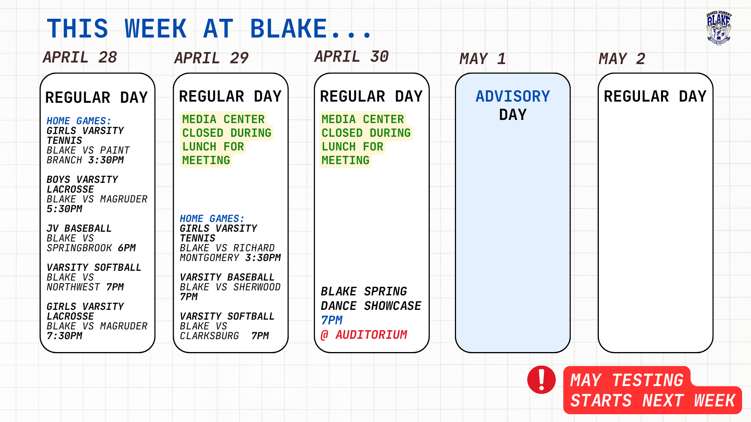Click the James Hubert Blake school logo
tap(719, 28)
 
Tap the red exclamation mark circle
tap(541, 380)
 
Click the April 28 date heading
tap(80, 57)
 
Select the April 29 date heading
tap(211, 58)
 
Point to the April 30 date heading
tap(351, 57)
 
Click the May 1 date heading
tap(482, 59)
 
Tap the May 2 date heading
tap(622, 59)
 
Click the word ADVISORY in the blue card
tap(513, 97)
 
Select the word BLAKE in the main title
tap(289, 29)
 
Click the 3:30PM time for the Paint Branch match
tap(106, 160)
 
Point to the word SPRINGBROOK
tap(79, 248)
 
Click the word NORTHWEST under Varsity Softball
tap(74, 287)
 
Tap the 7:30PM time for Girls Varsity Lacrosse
tap(65, 336)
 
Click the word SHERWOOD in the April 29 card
tap(257, 287)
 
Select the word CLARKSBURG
tap(209, 336)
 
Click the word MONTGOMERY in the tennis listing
tap(209, 258)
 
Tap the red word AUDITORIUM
tap(371, 335)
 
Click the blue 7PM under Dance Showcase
tap(332, 320)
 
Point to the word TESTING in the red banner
tap(647, 380)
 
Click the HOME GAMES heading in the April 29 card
tap(212, 219)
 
